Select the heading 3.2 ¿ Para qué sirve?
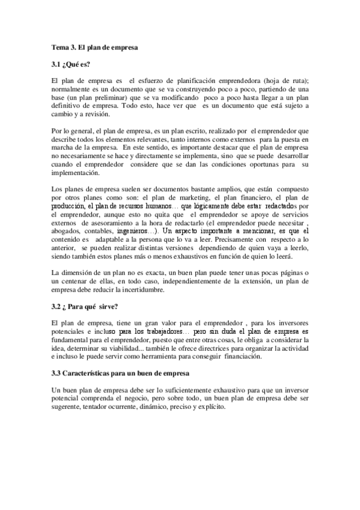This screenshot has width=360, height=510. pos(84,307)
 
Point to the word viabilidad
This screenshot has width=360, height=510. pos(136,349)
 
